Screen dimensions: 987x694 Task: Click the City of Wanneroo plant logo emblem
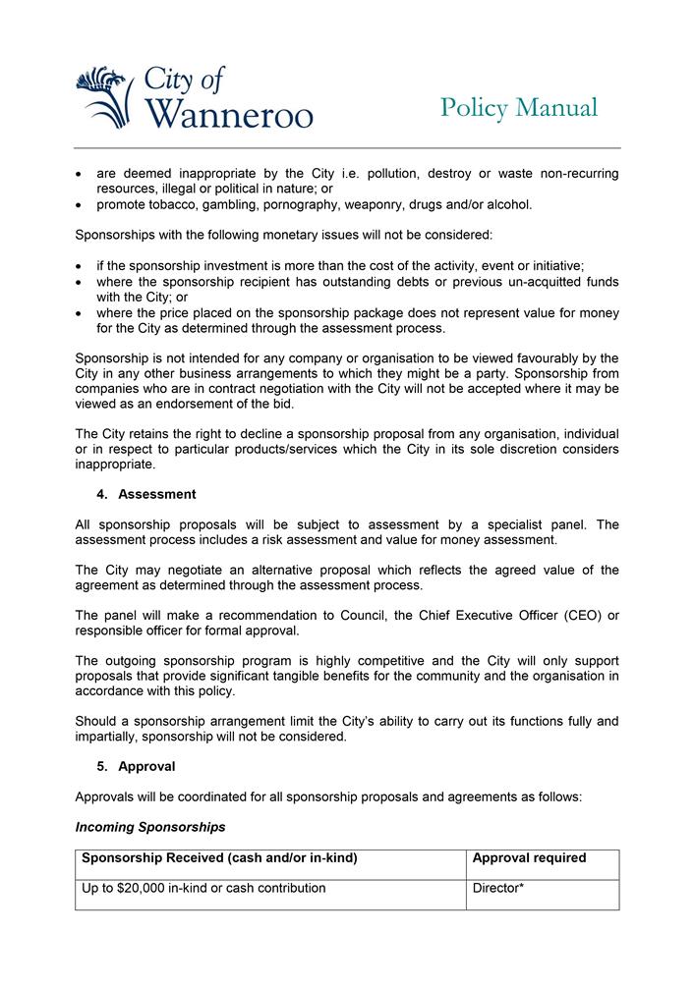[x=104, y=96]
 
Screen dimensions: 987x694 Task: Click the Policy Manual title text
[x=518, y=107]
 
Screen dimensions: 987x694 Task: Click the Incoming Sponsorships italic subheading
[x=150, y=827]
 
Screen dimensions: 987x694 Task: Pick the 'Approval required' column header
[x=529, y=858]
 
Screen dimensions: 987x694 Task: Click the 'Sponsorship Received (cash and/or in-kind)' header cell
[x=219, y=858]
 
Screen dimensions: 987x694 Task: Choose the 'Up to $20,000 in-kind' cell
[x=203, y=889]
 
